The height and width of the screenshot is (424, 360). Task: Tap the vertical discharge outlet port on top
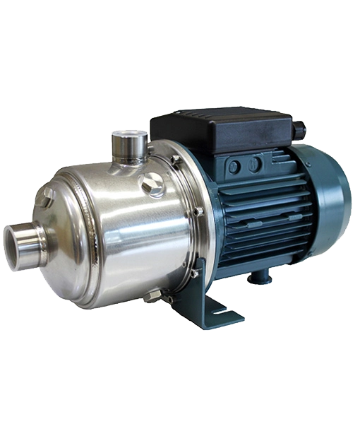[x=128, y=146]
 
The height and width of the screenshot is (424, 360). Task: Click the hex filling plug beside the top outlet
[x=150, y=187]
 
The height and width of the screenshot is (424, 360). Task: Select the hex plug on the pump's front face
[x=45, y=202]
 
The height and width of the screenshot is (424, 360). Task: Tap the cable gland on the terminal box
[x=300, y=131]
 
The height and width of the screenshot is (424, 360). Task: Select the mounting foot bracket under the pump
[x=212, y=307]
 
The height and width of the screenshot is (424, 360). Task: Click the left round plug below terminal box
[x=234, y=167]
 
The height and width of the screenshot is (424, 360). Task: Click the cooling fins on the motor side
[x=261, y=219]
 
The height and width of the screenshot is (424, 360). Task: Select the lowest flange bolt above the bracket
[x=193, y=273]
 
